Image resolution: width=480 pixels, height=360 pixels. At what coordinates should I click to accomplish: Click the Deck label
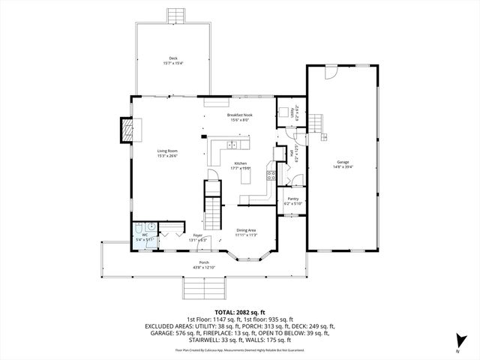pos(172,58)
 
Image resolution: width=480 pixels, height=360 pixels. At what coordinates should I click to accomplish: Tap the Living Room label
pos(166,151)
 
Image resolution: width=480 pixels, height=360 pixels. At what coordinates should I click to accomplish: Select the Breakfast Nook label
pos(240,115)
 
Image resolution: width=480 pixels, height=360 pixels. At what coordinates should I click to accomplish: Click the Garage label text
pos(343,162)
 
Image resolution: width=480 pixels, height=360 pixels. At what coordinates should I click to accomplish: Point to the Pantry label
pos(292,199)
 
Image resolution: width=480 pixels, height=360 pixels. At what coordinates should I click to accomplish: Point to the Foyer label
pos(198,235)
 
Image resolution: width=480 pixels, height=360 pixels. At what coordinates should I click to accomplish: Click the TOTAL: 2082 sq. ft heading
pos(240,311)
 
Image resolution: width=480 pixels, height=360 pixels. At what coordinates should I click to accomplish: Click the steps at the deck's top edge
pos(177,15)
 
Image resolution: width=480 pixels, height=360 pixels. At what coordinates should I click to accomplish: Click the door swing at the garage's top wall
pos(330,72)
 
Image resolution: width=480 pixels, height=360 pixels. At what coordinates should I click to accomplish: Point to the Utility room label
pos(292,112)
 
